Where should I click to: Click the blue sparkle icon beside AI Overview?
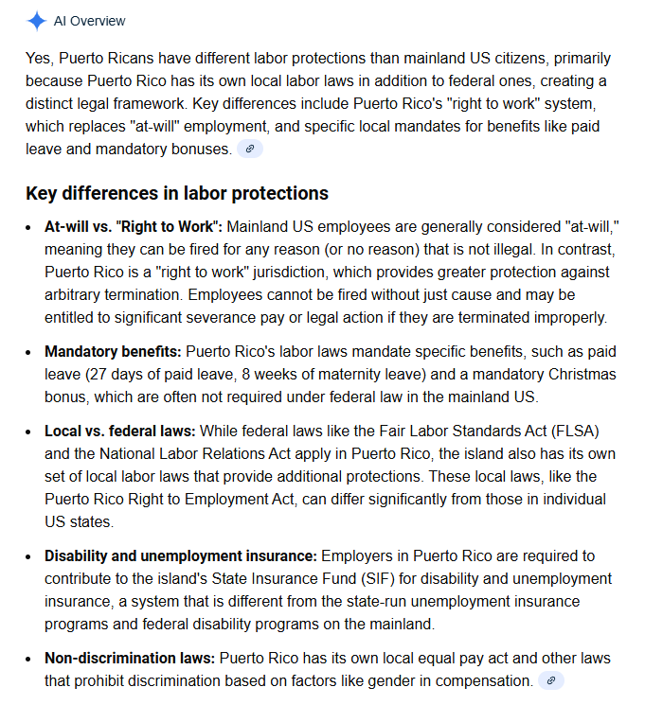click(x=36, y=21)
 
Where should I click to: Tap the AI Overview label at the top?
click(x=89, y=21)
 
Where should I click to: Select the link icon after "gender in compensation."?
click(x=550, y=680)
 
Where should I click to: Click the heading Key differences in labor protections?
click(x=177, y=193)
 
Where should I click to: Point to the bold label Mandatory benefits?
click(x=113, y=351)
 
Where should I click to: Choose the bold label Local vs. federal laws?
click(x=120, y=431)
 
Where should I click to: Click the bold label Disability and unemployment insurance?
click(x=181, y=555)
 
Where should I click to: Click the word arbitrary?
click(x=80, y=294)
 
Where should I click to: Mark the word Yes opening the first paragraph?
click(x=39, y=58)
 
